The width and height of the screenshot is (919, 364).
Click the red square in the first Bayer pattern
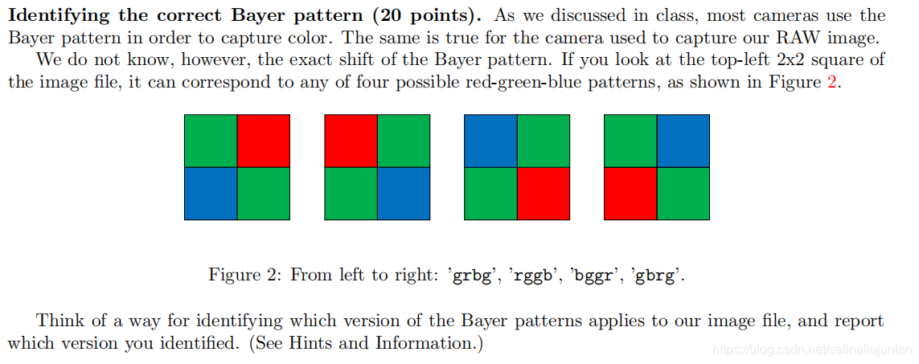(263, 141)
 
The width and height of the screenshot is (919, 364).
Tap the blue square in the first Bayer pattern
(211, 193)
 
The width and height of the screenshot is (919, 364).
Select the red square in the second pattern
(351, 141)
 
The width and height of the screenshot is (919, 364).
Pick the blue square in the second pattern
(404, 193)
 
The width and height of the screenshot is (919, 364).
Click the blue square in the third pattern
(490, 141)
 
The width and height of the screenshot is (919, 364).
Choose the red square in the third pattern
(544, 193)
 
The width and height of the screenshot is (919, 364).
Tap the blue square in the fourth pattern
(683, 141)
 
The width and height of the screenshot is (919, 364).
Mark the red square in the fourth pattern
(630, 193)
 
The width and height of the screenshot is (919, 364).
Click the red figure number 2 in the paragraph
(832, 83)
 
